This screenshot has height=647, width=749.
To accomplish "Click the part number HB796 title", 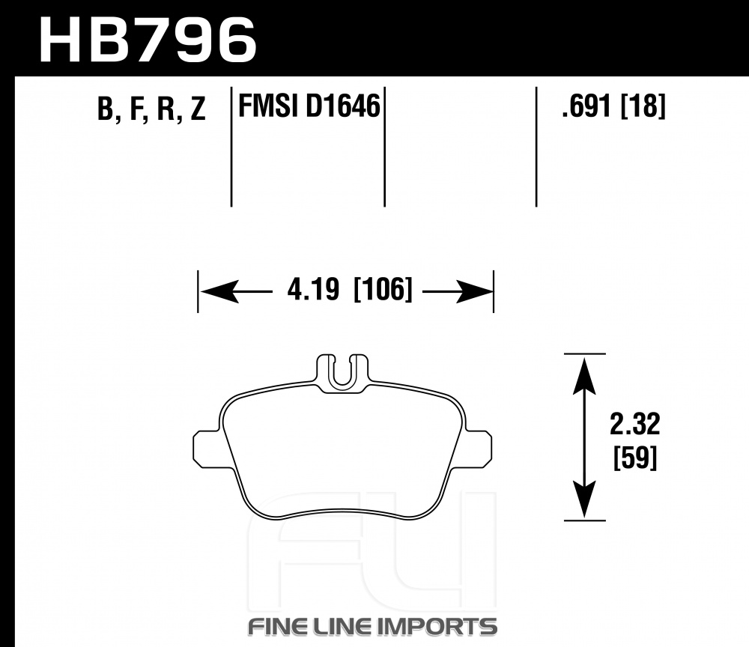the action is pos(148,40).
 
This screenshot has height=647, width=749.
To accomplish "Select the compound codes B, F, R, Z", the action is pos(151,109).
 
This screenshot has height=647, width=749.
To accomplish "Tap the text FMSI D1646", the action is pos(309,106).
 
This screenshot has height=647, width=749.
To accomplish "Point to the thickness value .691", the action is pos(586,106).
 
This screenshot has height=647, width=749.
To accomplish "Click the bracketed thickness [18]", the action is pos(643,106).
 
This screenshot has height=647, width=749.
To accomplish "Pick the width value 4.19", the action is pos(313,289).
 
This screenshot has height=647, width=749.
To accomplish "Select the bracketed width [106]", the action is pos(383,289).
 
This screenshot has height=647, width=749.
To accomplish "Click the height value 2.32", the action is pos(635,424).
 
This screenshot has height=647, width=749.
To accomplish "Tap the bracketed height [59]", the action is pos(635,458).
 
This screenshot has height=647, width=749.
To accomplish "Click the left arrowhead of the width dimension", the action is pos(219,291).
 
